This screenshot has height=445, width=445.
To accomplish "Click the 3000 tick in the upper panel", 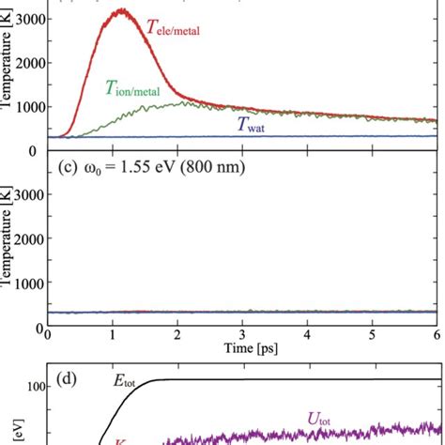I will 24,18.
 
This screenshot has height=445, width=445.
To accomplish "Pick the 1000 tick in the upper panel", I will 24,106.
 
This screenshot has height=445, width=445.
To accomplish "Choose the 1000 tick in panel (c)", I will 24,283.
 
